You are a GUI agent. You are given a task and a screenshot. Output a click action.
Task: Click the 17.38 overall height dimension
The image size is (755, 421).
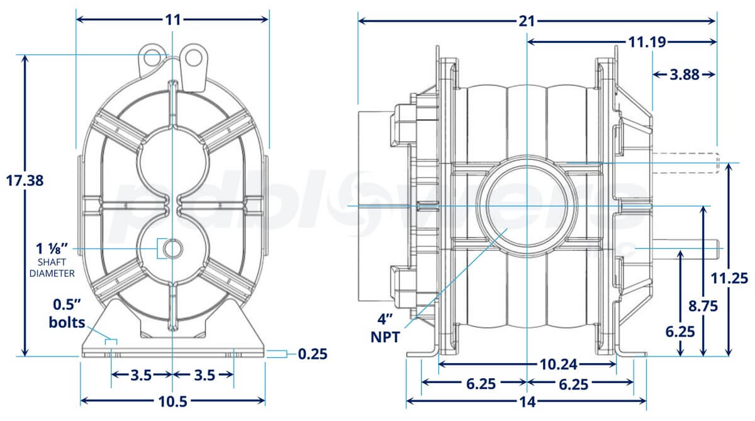[24, 181]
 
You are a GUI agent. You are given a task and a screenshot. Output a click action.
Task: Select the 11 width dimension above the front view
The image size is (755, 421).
[172, 20]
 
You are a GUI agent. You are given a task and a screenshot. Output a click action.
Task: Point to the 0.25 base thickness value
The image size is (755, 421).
[313, 354]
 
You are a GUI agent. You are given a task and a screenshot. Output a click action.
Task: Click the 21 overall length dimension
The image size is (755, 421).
[527, 20]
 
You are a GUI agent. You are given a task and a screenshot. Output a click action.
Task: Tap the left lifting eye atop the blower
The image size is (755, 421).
[151, 55]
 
